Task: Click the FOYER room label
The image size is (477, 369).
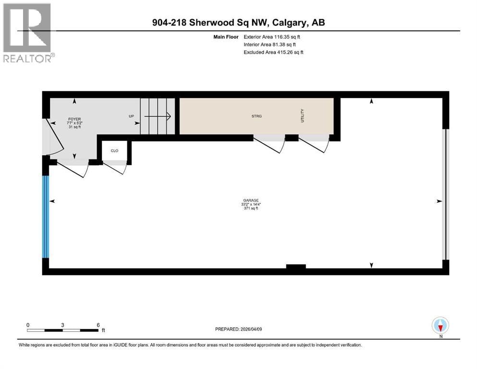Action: (74, 119)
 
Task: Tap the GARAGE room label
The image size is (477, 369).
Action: (251, 200)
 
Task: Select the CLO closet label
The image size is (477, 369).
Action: (114, 150)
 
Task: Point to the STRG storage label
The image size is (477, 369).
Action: (257, 116)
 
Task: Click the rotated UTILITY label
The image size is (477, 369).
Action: (302, 116)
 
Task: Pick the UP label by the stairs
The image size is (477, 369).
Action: (131, 116)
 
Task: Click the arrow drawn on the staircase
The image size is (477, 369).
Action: (157, 116)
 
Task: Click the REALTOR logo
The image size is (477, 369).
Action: (28, 33)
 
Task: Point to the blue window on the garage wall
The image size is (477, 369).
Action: (45, 217)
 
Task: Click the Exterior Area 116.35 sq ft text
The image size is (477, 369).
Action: (272, 37)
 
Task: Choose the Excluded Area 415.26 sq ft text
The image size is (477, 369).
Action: (273, 52)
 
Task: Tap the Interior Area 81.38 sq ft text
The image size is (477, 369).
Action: (269, 45)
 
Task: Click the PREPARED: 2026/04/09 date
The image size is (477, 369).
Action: (238, 329)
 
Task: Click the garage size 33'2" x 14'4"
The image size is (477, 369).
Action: (251, 204)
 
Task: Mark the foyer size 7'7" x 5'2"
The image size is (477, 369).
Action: (74, 123)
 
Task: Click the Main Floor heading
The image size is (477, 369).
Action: (226, 37)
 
